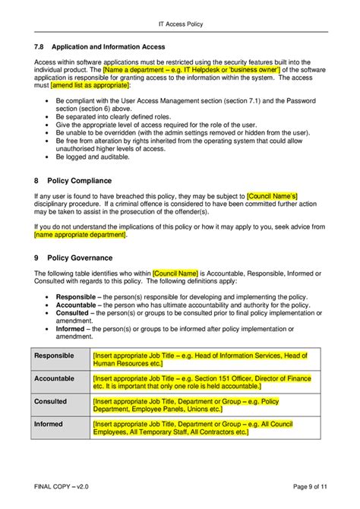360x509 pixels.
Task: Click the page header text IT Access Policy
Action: (x=179, y=24)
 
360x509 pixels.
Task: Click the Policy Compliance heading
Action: (x=79, y=181)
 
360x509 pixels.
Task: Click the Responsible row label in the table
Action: (x=54, y=356)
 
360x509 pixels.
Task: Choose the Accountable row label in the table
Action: (x=54, y=378)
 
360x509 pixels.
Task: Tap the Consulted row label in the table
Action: (x=51, y=400)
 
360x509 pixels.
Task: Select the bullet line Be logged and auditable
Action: (x=95, y=161)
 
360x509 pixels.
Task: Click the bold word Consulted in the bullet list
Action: (x=73, y=312)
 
